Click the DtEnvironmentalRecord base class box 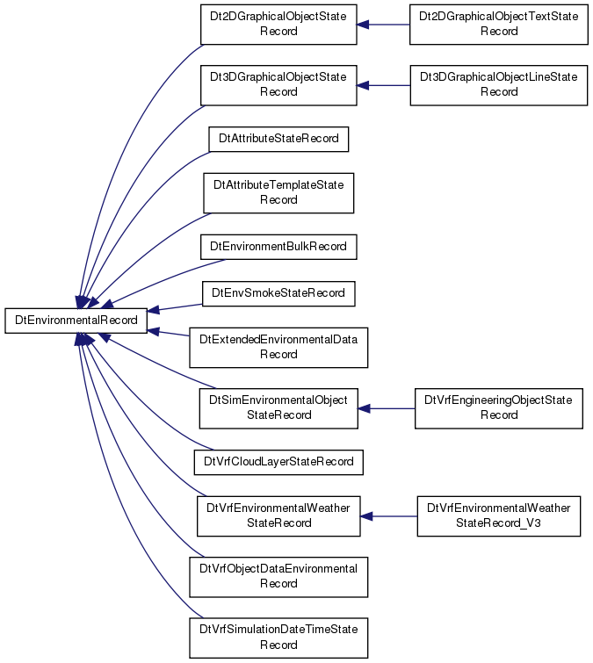coord(76,321)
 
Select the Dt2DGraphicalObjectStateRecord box coord(278,25)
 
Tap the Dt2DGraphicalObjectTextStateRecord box coord(499,25)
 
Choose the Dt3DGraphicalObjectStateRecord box coord(278,85)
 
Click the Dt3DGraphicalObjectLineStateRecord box coord(499,85)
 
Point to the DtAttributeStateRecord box coord(278,139)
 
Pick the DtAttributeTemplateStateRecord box coord(278,193)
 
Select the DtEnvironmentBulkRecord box coord(278,247)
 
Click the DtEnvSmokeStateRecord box coord(278,293)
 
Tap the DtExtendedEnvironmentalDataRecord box coord(278,348)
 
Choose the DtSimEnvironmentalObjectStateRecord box coord(278,408)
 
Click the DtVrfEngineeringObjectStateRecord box coord(499,408)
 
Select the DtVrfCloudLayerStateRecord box coord(278,462)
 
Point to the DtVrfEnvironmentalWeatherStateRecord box coord(278,516)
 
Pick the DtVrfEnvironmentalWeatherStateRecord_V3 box coord(499,516)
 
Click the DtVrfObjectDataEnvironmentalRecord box coord(278,577)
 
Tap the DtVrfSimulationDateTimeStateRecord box coord(278,638)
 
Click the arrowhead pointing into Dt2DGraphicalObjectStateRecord coord(363,25)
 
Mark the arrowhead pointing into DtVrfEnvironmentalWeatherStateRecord coord(366,516)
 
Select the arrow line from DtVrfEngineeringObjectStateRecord coord(387,408)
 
